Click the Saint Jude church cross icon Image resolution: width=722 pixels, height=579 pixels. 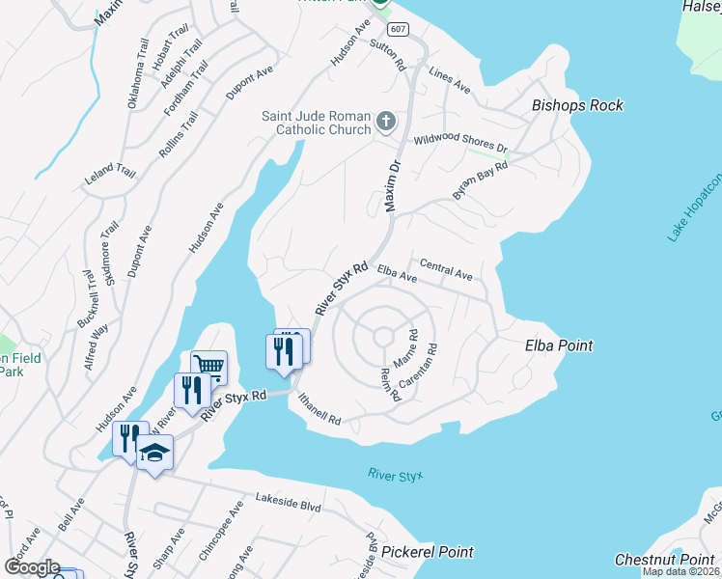(385, 121)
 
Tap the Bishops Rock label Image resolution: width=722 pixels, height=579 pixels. (577, 105)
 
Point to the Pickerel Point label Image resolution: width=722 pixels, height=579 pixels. (428, 552)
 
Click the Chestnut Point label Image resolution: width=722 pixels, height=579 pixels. (665, 560)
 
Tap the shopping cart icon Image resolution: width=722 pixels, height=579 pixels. (208, 365)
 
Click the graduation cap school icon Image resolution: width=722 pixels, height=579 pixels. (154, 451)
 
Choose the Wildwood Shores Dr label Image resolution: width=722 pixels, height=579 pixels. (460, 143)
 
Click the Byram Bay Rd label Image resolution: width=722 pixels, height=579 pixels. (480, 180)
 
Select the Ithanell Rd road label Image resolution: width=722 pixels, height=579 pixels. (319, 408)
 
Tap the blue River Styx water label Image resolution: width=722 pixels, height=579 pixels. (396, 475)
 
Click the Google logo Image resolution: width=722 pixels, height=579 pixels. (32, 567)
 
